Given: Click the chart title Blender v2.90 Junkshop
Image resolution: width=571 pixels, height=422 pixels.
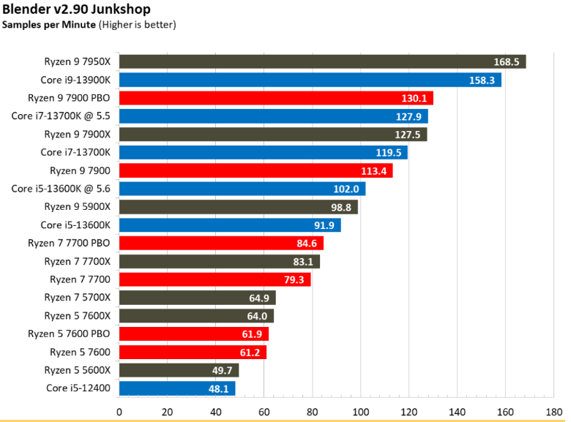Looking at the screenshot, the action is click(x=76, y=9).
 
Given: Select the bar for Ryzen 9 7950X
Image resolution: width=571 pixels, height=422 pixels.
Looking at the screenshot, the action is click(x=322, y=61).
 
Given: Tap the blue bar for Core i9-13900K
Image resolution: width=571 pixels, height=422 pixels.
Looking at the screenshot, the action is click(x=310, y=80).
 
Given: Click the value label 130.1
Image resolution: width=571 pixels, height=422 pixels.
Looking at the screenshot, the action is click(x=414, y=98).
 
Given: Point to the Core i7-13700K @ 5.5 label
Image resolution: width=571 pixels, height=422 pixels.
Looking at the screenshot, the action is click(x=61, y=116).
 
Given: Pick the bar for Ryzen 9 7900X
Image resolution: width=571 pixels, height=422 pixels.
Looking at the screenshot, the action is click(x=273, y=135).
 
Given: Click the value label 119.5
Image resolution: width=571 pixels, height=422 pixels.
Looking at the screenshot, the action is click(x=389, y=152).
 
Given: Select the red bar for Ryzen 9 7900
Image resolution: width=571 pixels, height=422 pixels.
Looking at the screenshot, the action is click(x=256, y=170).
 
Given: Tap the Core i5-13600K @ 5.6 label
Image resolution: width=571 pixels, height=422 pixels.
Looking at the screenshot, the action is click(x=61, y=189).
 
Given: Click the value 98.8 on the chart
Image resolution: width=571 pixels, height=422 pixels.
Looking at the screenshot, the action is click(x=341, y=208).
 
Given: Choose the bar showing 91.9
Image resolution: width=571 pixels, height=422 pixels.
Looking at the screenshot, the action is click(x=230, y=225).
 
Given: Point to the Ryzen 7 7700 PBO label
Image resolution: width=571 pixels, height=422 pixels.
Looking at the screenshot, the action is click(x=69, y=243).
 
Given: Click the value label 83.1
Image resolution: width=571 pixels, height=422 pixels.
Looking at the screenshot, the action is click(x=303, y=262).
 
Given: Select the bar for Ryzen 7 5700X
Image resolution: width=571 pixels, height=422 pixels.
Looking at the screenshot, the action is click(x=198, y=298).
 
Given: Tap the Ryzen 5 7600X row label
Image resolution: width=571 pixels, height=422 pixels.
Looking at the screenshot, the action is click(x=77, y=316).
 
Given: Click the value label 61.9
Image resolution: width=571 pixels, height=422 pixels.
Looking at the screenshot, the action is click(x=252, y=334).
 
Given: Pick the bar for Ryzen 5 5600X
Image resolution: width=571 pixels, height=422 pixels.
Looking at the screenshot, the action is click(x=179, y=370).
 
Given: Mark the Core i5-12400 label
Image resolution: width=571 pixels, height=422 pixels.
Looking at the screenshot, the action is click(x=78, y=388).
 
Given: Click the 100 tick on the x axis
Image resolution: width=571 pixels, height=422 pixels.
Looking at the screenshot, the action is click(x=360, y=412).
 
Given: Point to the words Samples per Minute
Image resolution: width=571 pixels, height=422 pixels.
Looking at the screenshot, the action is click(x=49, y=25).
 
